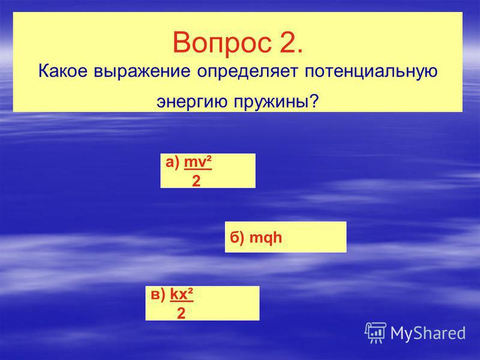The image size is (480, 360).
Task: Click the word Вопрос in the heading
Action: tap(222, 43)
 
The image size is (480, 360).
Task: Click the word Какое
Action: tap(63, 71)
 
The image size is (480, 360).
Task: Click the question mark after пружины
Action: tap(313, 100)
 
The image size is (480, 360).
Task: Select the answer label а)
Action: tap(172, 162)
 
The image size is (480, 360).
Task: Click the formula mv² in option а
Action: tap(198, 162)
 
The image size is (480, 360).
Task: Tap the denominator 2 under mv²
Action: tap(196, 181)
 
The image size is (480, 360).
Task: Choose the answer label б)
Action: tap(237, 237)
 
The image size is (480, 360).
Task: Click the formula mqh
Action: tap(266, 238)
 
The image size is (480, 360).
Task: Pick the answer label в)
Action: tap(158, 295)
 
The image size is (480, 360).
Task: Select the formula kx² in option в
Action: tap(182, 294)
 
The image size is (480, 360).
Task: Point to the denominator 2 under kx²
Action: tap(181, 313)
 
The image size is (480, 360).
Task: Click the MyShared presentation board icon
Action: tap(376, 333)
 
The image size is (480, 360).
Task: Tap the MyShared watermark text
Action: tap(428, 333)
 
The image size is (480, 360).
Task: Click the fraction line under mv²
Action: tap(198, 169)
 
